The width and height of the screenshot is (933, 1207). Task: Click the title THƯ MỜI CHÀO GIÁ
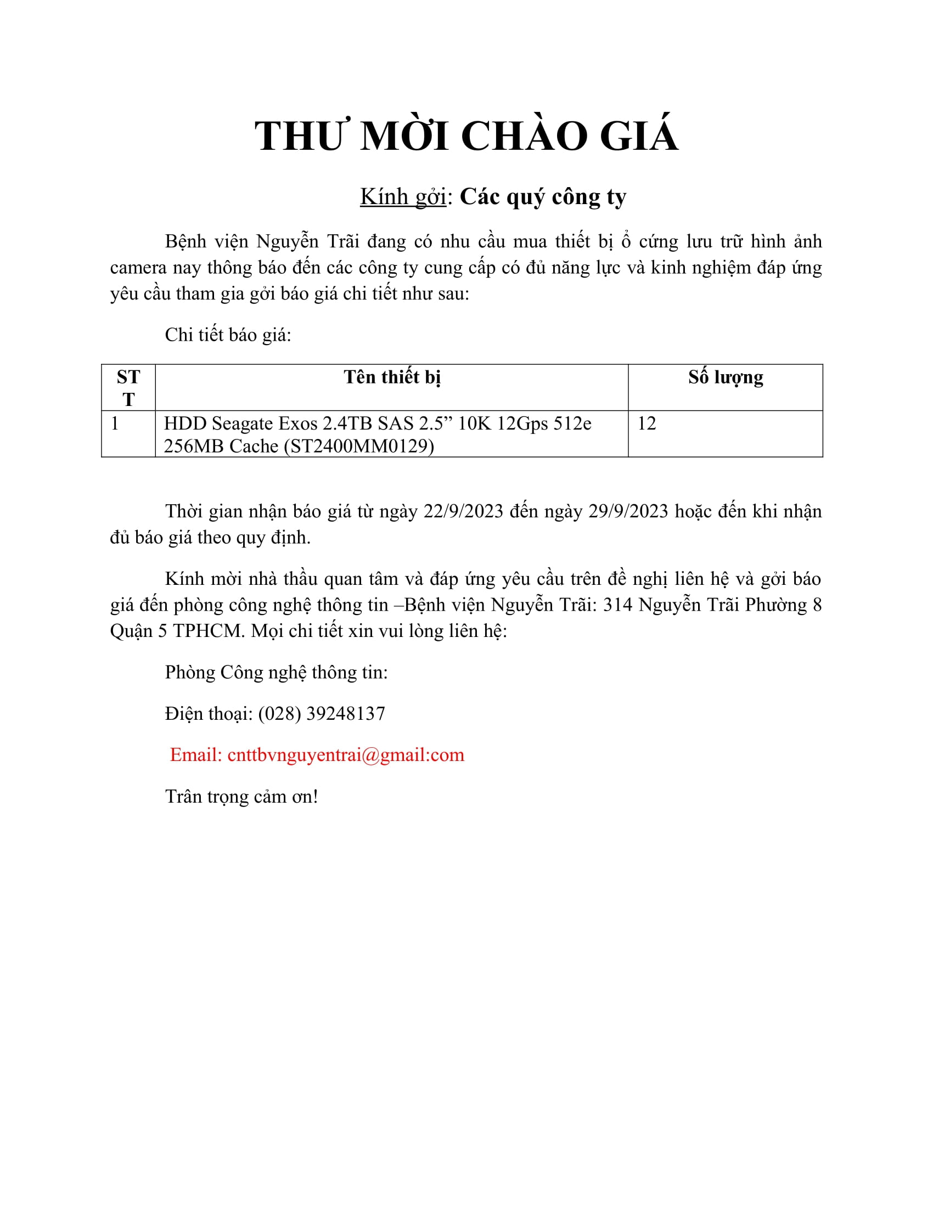(466, 136)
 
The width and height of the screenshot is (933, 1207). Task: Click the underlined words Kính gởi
(403, 197)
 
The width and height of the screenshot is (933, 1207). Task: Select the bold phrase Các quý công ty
(543, 197)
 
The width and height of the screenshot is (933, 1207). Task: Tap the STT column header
(128, 387)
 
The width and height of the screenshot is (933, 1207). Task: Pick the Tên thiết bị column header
(392, 377)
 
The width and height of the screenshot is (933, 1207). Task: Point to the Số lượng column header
(725, 377)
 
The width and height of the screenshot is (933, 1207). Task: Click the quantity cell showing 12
(647, 424)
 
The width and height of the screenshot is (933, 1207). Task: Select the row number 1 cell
(115, 424)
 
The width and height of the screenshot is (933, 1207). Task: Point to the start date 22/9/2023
(463, 511)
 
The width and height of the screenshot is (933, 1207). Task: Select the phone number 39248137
(345, 713)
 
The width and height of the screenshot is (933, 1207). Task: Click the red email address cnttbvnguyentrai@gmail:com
(345, 755)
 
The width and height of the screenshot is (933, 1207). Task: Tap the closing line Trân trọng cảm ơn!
(241, 797)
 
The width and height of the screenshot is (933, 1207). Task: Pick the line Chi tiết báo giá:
(228, 335)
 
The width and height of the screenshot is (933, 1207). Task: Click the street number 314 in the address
(617, 605)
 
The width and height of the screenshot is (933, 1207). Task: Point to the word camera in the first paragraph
(138, 268)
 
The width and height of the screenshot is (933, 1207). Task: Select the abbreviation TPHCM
(209, 631)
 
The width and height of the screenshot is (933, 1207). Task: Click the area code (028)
(279, 713)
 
